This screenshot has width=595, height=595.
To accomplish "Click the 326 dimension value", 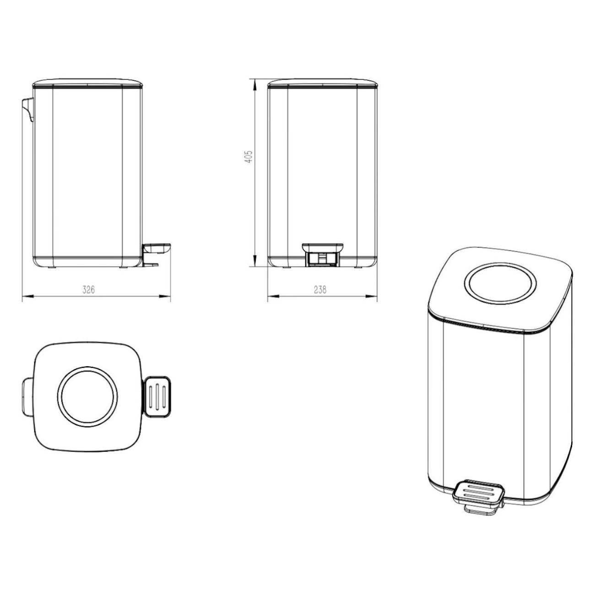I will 88,290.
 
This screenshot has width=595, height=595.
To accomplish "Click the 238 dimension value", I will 320,290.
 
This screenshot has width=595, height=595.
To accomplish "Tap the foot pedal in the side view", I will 156,249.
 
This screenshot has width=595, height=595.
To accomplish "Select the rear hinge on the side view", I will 27,109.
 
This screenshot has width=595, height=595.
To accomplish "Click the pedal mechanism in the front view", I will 322,254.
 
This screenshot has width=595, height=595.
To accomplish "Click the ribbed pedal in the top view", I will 157,396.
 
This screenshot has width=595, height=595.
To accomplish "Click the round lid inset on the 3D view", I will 500,284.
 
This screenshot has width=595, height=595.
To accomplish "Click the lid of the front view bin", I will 322,82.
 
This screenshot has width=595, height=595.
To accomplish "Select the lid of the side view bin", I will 87,82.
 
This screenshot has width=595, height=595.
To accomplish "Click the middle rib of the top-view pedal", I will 157,396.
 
